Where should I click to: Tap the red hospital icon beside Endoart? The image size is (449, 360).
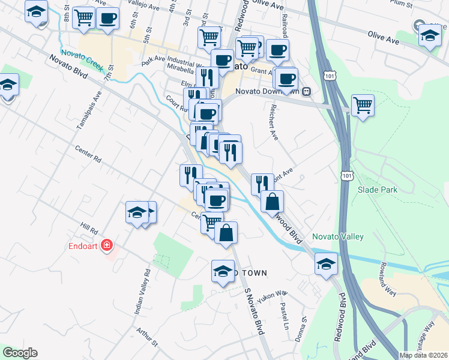[107, 245]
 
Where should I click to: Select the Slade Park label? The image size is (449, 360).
[378, 190]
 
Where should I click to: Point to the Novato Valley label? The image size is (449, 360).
[338, 236]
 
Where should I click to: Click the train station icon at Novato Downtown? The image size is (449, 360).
[306, 91]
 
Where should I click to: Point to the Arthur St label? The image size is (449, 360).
[146, 337]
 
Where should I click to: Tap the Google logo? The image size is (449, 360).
[19, 353]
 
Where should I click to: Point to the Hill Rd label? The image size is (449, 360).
[89, 229]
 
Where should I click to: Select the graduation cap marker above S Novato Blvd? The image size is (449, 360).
[223, 271]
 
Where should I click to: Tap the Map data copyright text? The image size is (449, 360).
[423, 355]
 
